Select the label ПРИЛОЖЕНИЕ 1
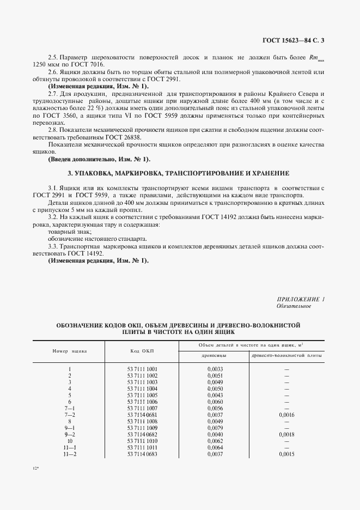(301, 299)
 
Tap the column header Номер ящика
(70, 351)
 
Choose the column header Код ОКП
(142, 351)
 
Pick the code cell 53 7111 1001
(142, 369)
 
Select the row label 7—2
(70, 415)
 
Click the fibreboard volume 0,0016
(286, 415)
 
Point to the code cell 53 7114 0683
(142, 454)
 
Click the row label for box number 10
(70, 441)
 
